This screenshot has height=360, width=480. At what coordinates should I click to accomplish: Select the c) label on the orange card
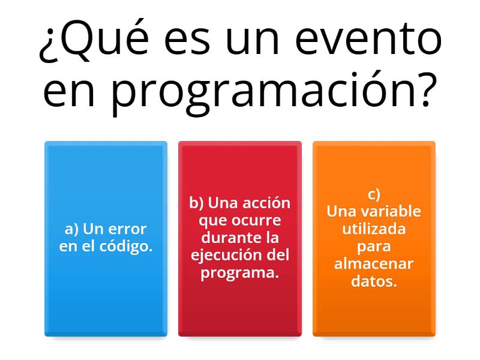[x=374, y=194]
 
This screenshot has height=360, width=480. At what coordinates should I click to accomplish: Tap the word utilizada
[x=374, y=229]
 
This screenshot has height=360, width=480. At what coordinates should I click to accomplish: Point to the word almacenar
[x=374, y=263]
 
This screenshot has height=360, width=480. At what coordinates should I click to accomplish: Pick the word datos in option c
[x=374, y=281]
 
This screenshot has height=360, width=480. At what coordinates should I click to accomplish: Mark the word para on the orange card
[x=374, y=246]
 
